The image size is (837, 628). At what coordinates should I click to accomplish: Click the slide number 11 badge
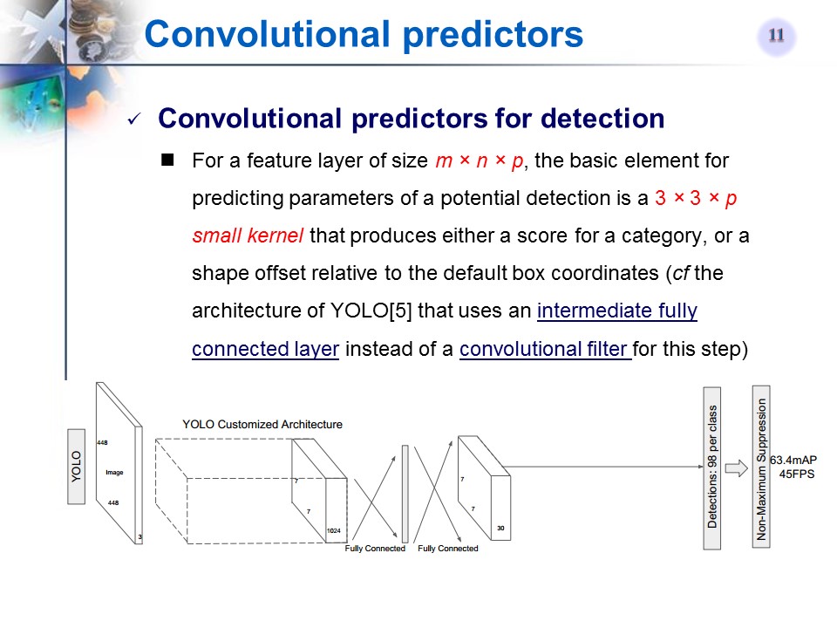pyautogui.click(x=776, y=37)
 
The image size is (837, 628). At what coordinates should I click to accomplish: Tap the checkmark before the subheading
pyautogui.click(x=133, y=119)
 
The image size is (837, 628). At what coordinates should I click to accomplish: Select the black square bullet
pyautogui.click(x=167, y=160)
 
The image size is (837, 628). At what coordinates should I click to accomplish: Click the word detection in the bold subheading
pyautogui.click(x=607, y=118)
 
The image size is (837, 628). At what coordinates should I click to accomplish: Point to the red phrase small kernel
pyautogui.click(x=248, y=235)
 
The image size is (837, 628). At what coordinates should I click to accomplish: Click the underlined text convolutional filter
pyautogui.click(x=545, y=349)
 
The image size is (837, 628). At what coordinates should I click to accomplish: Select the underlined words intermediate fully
pyautogui.click(x=617, y=311)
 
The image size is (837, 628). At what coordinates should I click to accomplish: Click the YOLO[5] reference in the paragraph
pyautogui.click(x=371, y=311)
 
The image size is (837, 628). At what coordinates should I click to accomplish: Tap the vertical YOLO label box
pyautogui.click(x=77, y=466)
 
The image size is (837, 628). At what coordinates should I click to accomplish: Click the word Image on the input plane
pyautogui.click(x=114, y=472)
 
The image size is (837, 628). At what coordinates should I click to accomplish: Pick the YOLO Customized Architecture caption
pyautogui.click(x=262, y=424)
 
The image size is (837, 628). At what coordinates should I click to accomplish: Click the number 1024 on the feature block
pyautogui.click(x=334, y=530)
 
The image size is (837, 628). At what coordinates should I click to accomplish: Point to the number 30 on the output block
pyautogui.click(x=500, y=529)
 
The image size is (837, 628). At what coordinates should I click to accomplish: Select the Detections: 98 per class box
pyautogui.click(x=712, y=468)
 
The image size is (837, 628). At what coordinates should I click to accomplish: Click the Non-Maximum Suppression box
pyautogui.click(x=761, y=467)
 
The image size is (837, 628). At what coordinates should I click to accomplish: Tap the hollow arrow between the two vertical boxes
pyautogui.click(x=737, y=468)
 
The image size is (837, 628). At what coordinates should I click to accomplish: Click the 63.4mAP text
pyautogui.click(x=793, y=460)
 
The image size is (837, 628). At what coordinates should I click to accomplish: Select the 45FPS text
pyautogui.click(x=796, y=474)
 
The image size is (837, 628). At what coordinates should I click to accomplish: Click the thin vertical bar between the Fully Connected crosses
pyautogui.click(x=405, y=494)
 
